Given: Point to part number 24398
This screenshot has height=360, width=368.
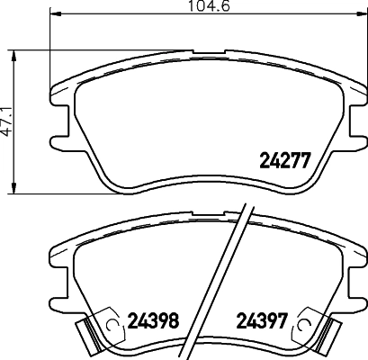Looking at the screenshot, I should [156, 319].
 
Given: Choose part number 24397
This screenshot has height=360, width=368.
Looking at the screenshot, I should [261, 319].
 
